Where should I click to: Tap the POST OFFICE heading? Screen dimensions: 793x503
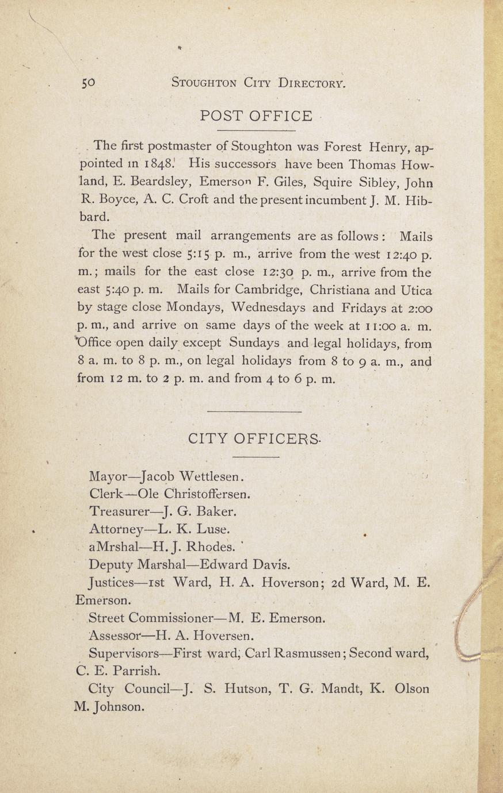tap(256, 116)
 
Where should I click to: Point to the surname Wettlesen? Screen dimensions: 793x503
tap(213, 476)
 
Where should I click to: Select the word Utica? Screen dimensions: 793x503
tap(414, 290)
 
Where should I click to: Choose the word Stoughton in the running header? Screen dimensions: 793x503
tap(204, 83)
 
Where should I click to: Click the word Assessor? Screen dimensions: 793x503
tap(115, 636)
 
